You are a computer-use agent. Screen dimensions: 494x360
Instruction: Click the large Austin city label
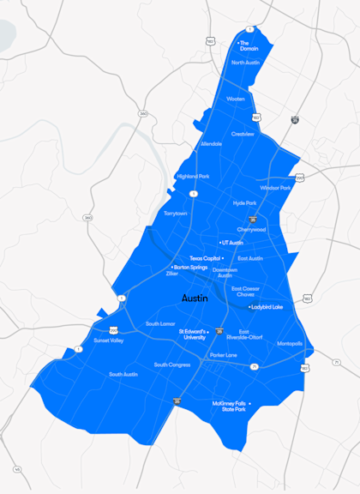[x=195, y=298]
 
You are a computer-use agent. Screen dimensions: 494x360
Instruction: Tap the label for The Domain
[x=248, y=45]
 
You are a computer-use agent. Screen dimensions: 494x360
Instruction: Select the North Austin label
[x=245, y=63]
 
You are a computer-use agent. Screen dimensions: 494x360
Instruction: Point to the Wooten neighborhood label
[x=236, y=99]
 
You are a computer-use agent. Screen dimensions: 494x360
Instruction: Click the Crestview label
[x=243, y=134]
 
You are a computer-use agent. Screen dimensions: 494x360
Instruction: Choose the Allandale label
[x=211, y=144]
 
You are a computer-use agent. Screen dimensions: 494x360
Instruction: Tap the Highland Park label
[x=192, y=177]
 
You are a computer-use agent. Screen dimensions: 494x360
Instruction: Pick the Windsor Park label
[x=275, y=188]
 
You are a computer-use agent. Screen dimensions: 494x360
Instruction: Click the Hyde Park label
[x=244, y=203]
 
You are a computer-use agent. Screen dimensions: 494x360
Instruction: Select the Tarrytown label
[x=175, y=213]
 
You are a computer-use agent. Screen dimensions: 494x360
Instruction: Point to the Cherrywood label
[x=251, y=230]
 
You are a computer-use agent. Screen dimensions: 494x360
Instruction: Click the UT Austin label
[x=232, y=244]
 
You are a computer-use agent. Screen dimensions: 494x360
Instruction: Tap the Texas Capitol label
[x=206, y=258]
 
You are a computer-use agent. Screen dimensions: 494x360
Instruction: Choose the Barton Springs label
[x=191, y=267]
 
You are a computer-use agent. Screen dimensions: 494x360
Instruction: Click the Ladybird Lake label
[x=267, y=306]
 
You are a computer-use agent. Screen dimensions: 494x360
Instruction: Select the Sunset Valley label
[x=109, y=340]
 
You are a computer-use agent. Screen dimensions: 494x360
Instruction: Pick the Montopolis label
[x=290, y=343]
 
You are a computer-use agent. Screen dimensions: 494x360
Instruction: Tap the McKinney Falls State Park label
[x=229, y=407]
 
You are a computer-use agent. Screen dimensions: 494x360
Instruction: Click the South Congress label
[x=172, y=364]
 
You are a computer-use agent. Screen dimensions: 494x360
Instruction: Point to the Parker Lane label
[x=223, y=355]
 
